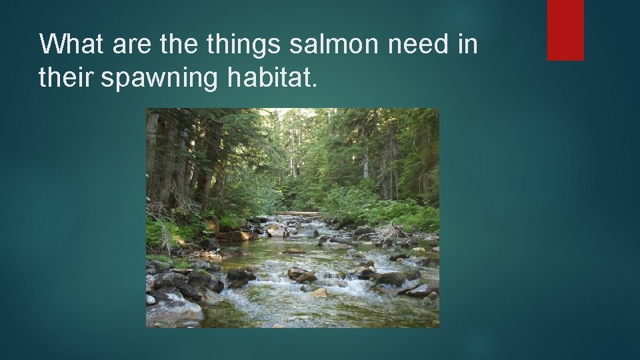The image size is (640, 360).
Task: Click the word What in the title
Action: (x=73, y=45)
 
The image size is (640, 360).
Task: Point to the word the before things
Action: (x=178, y=45)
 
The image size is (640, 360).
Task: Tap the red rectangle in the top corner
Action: (x=565, y=30)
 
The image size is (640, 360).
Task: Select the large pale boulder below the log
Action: (x=275, y=230)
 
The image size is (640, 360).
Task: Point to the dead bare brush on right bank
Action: (x=390, y=232)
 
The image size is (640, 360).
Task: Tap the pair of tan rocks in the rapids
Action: (x=301, y=274)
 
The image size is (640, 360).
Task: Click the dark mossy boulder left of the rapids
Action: (x=240, y=275)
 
